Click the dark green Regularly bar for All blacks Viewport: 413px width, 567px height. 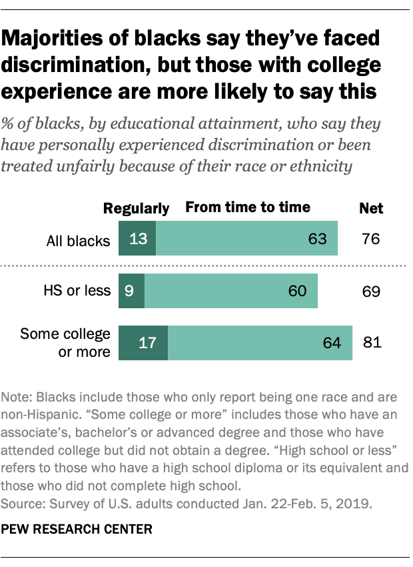pos(137,239)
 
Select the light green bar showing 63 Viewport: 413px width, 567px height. pos(246,239)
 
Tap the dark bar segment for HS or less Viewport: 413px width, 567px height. pos(131,291)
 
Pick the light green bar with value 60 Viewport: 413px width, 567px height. pos(231,291)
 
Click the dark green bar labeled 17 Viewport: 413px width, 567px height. pos(143,343)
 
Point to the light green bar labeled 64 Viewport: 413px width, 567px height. pos(260,343)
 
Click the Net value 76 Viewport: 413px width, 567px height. pos(371,239)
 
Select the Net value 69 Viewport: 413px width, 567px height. pos(371,291)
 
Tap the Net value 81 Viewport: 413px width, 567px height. pos(371,343)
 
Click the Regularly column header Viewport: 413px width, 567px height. pos(137,208)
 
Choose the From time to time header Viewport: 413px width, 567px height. pos(248,207)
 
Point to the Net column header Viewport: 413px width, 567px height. pos(371,208)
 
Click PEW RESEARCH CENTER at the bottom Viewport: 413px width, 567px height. pos(76,530)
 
